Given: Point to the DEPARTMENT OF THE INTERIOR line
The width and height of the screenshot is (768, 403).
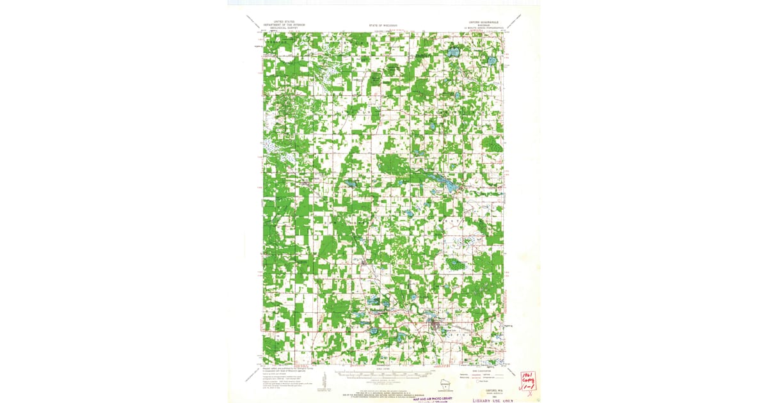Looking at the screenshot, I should (x=282, y=24).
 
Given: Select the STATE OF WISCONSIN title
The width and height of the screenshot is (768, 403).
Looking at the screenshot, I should (x=383, y=25).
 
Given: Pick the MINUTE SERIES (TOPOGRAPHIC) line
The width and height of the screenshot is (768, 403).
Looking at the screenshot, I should (x=482, y=28).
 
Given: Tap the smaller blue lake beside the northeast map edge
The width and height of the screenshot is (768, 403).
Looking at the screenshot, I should (x=492, y=62).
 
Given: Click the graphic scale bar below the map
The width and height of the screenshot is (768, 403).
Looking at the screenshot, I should (x=383, y=372).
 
